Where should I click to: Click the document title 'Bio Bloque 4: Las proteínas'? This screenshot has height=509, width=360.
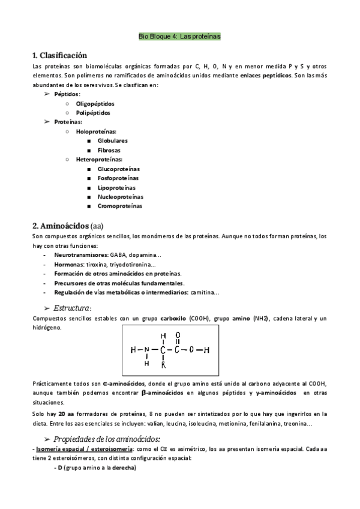coord(179,37)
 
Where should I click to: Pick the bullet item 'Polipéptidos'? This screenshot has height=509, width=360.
coord(93,112)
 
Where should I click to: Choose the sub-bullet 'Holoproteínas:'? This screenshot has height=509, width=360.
coord(96,131)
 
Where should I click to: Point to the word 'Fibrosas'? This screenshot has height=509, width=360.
coord(109,149)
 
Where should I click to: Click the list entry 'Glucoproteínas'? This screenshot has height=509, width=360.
coord(119,169)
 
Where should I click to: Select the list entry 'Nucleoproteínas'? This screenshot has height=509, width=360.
coord(121,196)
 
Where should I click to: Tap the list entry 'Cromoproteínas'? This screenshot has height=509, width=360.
coord(119,206)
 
